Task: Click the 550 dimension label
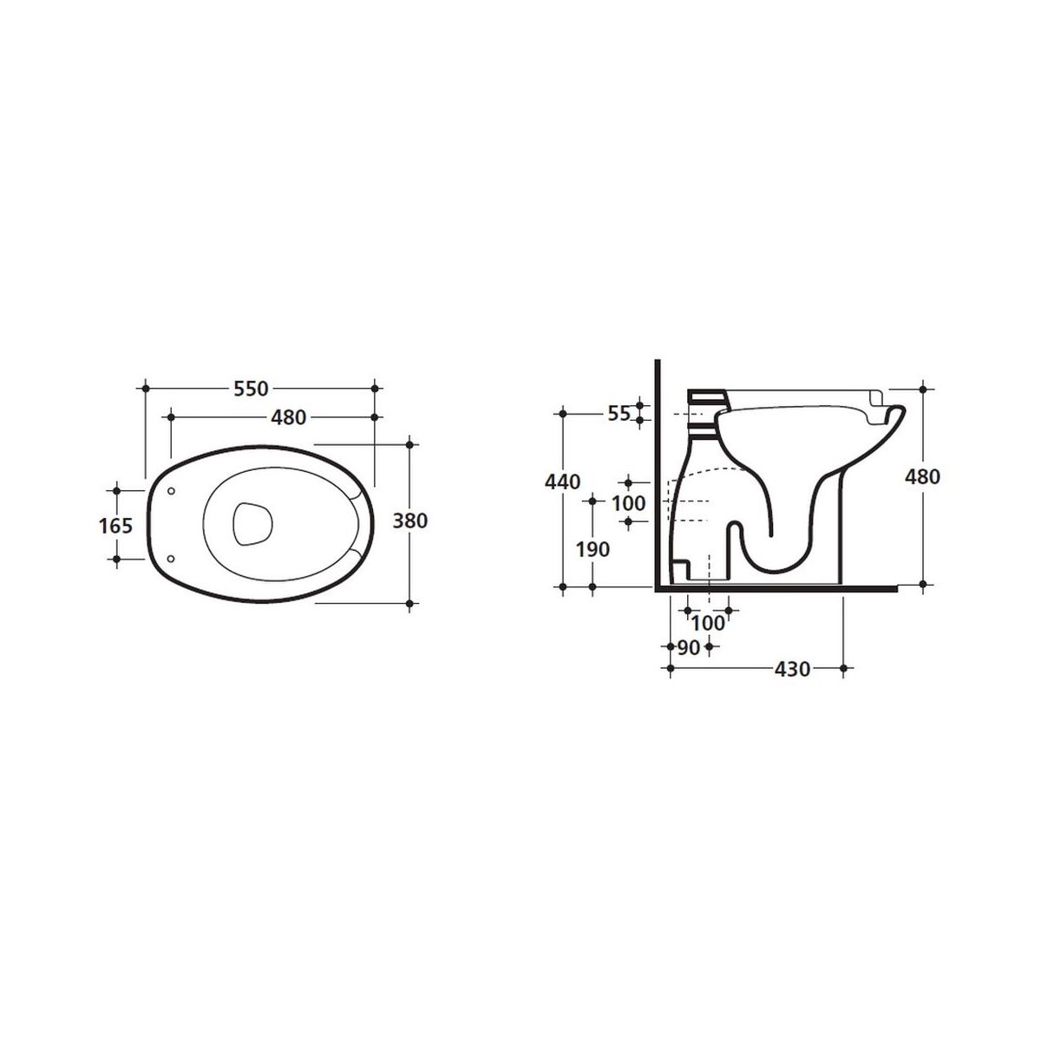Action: pyautogui.click(x=251, y=389)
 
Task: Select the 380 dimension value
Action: pyautogui.click(x=409, y=520)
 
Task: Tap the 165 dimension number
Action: pyautogui.click(x=116, y=525)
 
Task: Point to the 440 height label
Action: pyautogui.click(x=562, y=481)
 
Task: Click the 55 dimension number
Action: pyautogui.click(x=619, y=414)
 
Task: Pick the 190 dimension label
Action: pyautogui.click(x=593, y=549)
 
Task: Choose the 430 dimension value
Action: pyautogui.click(x=793, y=670)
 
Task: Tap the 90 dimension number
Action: pyautogui.click(x=688, y=648)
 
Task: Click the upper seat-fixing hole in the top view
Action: pyautogui.click(x=171, y=491)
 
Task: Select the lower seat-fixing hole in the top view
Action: pyautogui.click(x=171, y=558)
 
